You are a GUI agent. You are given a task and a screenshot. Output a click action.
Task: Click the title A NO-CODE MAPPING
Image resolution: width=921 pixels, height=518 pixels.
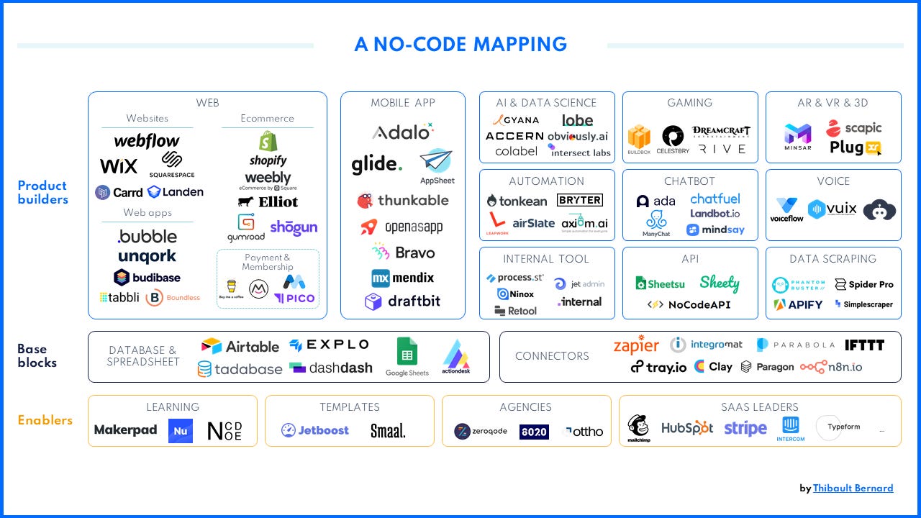tap(460, 45)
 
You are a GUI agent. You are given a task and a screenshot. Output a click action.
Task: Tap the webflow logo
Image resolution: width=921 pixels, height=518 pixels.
tap(147, 141)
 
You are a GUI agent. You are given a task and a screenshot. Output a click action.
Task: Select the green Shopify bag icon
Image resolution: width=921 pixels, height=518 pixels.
tap(268, 142)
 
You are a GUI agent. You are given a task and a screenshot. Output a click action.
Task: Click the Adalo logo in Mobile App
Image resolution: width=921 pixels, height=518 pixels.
tap(402, 132)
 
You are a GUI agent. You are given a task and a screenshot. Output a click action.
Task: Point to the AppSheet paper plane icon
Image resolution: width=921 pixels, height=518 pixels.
tap(437, 161)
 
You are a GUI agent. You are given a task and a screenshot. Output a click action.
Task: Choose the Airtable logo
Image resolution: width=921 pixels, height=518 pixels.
tap(240, 346)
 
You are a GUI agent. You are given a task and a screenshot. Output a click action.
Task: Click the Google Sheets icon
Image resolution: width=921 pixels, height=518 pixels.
tap(407, 353)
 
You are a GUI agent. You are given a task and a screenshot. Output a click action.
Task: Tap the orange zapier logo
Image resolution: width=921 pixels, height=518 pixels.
tap(636, 346)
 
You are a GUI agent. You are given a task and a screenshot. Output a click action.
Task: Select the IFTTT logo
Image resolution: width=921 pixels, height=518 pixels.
tap(864, 345)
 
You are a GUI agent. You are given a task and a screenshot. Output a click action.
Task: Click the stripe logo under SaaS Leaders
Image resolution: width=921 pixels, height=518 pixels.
tap(745, 429)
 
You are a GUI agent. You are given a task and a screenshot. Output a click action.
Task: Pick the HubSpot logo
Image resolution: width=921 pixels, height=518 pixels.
tap(687, 429)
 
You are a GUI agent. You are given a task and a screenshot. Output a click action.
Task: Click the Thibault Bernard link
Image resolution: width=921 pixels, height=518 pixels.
tap(853, 489)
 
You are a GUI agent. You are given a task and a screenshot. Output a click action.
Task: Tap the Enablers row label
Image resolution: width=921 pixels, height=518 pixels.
tap(45, 420)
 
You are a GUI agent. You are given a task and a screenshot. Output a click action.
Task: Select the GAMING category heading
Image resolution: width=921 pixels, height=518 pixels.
tap(689, 103)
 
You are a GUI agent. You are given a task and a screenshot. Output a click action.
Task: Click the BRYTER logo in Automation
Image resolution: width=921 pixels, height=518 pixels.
tap(579, 199)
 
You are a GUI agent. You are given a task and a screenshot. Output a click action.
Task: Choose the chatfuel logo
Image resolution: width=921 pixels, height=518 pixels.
tap(714, 199)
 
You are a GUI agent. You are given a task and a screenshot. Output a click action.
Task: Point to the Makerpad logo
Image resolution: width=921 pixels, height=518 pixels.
tap(126, 430)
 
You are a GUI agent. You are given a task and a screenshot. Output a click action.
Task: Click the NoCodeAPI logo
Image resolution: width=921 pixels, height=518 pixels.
tap(689, 304)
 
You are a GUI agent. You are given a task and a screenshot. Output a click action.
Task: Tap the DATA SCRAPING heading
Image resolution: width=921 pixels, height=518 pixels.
tap(832, 259)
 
